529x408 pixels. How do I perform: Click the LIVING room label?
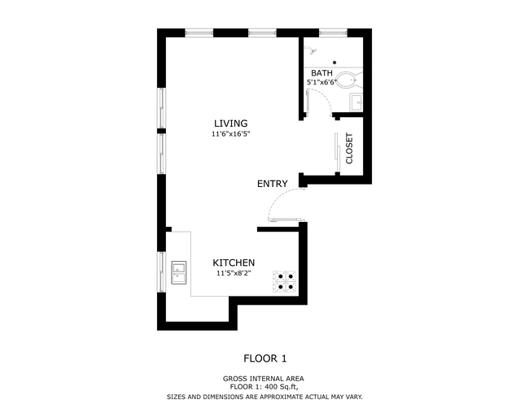tap(230, 124)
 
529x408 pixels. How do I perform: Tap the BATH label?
tap(321, 74)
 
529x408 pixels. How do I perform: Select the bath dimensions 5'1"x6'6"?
tap(321, 83)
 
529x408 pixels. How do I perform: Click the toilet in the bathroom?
tap(348, 80)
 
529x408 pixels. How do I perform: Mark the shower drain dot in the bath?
tap(334, 62)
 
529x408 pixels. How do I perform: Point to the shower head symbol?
tap(311, 51)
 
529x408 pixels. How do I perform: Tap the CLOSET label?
tap(350, 149)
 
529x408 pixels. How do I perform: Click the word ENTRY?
tap(272, 184)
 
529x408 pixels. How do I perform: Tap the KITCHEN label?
tap(234, 263)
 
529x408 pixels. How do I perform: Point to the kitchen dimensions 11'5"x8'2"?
tap(234, 274)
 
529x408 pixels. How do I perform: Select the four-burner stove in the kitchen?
tap(285, 280)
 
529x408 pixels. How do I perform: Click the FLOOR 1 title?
tap(265, 358)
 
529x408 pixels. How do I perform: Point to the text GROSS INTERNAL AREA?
tap(265, 379)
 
